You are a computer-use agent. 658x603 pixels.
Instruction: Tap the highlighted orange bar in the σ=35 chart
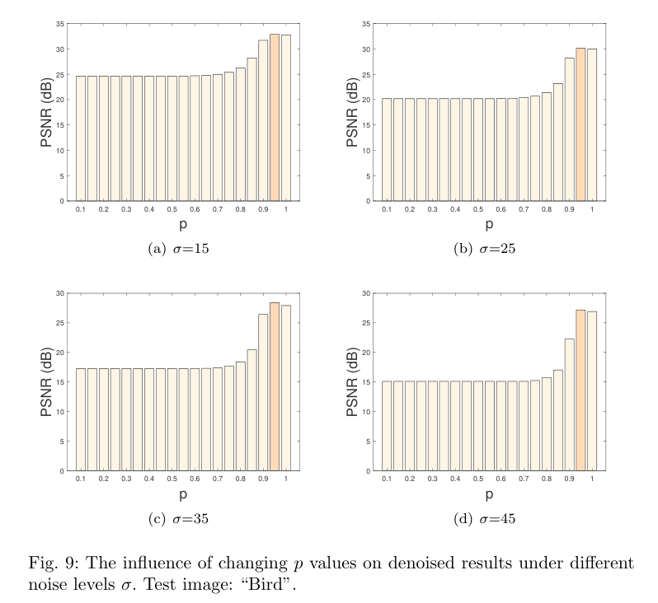click(x=275, y=387)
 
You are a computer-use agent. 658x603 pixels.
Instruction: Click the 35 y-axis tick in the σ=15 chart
click(x=61, y=24)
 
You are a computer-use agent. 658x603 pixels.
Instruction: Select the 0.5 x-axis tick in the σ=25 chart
click(x=478, y=211)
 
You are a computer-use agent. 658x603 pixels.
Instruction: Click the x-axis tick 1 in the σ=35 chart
click(x=286, y=480)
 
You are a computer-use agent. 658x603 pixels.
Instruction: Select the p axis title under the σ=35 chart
click(x=182, y=494)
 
